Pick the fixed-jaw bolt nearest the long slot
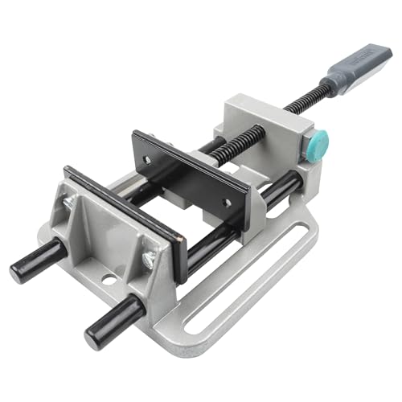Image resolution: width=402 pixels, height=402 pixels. pyautogui.click(x=150, y=257)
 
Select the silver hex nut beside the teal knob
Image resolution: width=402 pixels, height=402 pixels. pyautogui.click(x=308, y=150)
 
